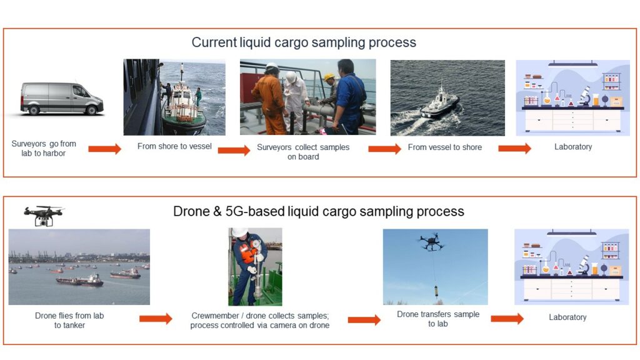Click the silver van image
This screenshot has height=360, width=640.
coord(62,98)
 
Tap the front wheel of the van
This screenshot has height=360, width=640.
coord(92,110)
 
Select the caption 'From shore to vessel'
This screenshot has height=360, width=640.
coord(174,146)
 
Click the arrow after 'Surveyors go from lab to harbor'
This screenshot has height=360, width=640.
coord(104,149)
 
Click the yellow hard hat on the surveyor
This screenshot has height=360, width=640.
coord(329,77)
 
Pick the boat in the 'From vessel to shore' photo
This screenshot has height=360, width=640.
coord(439,104)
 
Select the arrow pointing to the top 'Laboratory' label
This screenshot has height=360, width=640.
coord(515,148)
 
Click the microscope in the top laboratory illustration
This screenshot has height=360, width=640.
coord(584,96)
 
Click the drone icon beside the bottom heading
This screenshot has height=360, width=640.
coord(43,216)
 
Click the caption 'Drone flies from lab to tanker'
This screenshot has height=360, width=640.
coord(69,321)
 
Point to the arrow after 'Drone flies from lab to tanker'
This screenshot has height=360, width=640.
coord(156,318)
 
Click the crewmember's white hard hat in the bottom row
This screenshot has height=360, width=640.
coord(239,232)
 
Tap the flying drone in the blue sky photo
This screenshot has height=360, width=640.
coord(431,242)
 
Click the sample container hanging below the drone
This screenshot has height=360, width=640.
coord(436,291)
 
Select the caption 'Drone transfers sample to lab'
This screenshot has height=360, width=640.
coord(438,319)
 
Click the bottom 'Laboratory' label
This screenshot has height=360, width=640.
coord(567,317)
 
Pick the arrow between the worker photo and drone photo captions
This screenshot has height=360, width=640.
coord(364,319)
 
